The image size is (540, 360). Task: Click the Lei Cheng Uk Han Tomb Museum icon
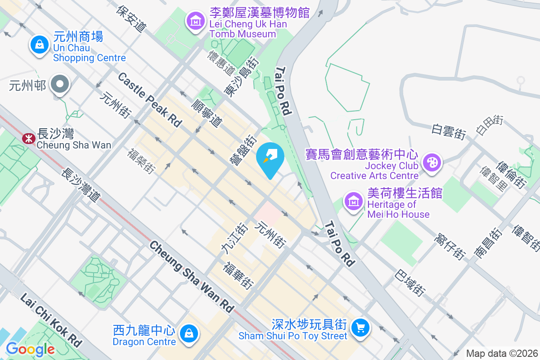(196, 21)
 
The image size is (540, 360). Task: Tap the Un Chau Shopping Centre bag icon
(40, 45)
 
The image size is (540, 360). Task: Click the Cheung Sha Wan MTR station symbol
(28, 138)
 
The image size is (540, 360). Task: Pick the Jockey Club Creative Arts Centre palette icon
(432, 162)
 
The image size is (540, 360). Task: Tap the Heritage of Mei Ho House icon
(354, 201)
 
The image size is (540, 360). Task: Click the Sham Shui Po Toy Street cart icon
(360, 327)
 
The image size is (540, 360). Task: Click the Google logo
(30, 349)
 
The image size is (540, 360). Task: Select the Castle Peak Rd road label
(149, 99)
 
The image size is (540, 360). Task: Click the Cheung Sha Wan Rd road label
(192, 276)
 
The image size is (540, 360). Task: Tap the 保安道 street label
(131, 18)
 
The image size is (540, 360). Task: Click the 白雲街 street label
(448, 130)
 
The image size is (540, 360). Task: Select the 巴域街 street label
(409, 283)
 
